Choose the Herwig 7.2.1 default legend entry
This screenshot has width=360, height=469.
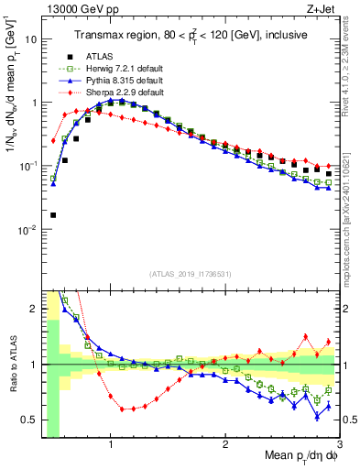(118, 69)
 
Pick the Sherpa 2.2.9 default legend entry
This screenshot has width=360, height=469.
(117, 93)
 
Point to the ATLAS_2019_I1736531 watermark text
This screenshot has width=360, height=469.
(191, 273)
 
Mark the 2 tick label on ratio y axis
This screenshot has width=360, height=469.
(32, 310)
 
